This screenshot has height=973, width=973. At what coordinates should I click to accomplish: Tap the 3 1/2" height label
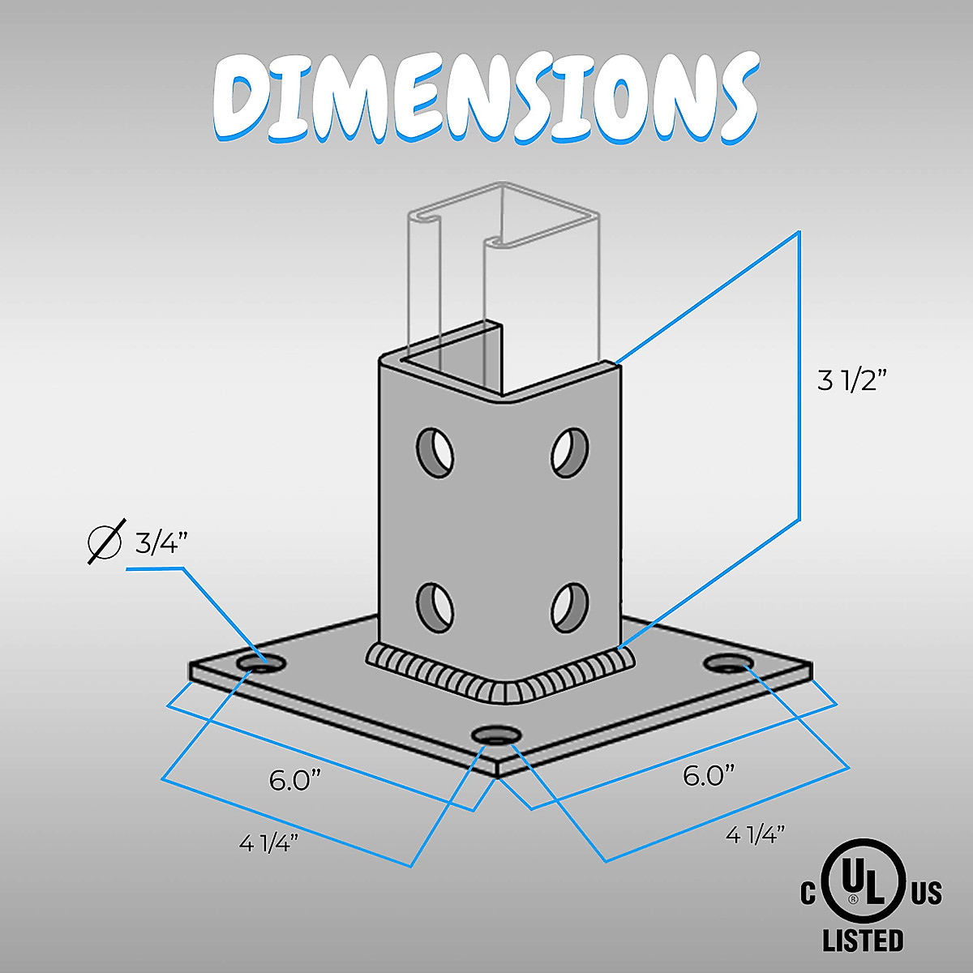point(851,380)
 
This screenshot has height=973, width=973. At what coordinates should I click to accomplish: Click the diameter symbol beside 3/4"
point(105,542)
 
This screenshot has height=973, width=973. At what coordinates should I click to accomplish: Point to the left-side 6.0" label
point(295,782)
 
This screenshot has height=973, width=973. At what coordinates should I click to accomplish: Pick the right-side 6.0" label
point(708,775)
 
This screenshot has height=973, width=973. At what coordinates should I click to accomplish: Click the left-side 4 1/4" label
point(269,843)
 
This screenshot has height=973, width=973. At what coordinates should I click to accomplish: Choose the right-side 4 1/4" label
point(755,834)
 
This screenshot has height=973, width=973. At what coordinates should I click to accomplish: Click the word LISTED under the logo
point(862,941)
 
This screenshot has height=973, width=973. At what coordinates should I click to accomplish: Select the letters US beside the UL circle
point(926,894)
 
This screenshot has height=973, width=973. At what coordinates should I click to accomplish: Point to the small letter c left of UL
point(808,894)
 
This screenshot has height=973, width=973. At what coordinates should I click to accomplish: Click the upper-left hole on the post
point(435,450)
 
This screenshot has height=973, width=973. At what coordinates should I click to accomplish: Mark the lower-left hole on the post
point(435,605)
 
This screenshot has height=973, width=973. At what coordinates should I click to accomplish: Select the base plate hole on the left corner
point(261,663)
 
